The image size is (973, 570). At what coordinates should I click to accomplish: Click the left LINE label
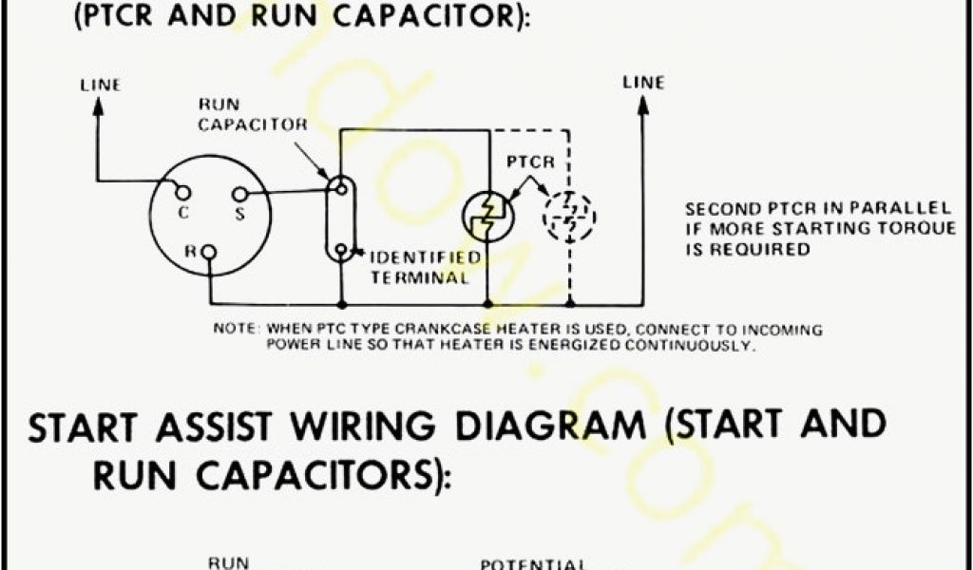click(100, 85)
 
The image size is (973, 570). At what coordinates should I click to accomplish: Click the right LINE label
click(643, 83)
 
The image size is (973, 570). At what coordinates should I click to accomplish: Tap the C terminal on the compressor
click(179, 195)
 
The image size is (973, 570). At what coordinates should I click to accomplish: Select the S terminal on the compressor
click(238, 196)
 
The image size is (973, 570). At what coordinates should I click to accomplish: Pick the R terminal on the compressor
click(209, 252)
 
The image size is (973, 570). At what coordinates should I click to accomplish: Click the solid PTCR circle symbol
click(487, 217)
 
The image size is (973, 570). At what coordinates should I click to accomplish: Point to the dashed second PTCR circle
click(569, 217)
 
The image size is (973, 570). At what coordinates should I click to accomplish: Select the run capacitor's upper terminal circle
click(338, 187)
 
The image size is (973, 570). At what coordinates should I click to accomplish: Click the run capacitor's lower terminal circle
click(338, 251)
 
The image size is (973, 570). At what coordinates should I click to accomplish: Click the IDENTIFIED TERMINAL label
click(423, 267)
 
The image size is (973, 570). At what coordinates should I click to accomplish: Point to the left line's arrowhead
click(98, 106)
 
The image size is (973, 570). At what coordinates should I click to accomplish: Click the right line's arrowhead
click(643, 105)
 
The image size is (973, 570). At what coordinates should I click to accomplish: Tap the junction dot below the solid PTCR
click(487, 304)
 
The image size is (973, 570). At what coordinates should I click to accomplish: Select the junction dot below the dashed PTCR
click(569, 304)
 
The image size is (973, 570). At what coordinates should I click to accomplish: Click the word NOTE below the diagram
click(233, 330)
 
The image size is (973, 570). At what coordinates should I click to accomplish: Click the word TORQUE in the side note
click(904, 229)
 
